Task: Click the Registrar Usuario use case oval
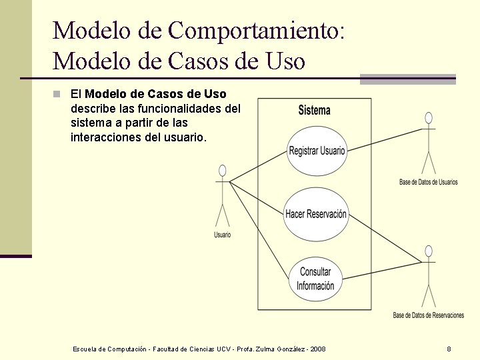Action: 317,151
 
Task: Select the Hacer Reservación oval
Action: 316,214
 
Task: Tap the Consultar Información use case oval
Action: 315,279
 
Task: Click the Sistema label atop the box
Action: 314,110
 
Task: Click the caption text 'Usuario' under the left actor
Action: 223,235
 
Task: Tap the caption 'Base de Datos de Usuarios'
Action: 428,182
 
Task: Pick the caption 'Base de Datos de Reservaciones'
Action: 428,315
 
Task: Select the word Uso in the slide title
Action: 285,61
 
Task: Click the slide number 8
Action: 449,349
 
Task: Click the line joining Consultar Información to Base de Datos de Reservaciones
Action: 380,267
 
